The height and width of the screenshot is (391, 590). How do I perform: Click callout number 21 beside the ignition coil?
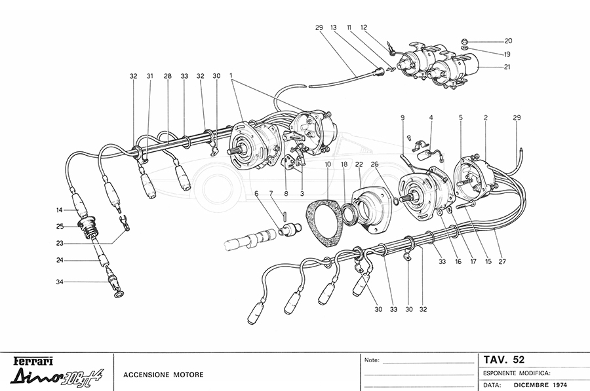(x=508, y=67)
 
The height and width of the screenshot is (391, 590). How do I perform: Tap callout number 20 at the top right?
(x=508, y=41)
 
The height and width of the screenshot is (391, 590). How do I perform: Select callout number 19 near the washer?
(x=508, y=54)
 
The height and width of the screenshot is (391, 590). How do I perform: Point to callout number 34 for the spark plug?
(x=60, y=283)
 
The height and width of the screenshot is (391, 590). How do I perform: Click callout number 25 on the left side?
(x=60, y=227)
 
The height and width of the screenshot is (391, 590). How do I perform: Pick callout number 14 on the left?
(x=60, y=210)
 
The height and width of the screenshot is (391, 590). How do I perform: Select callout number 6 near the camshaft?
(x=257, y=193)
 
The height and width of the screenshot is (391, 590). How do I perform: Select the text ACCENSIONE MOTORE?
(x=163, y=375)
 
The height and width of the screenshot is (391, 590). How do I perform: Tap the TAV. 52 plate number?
(x=504, y=360)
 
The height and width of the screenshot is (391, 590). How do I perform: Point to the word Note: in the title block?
(x=372, y=360)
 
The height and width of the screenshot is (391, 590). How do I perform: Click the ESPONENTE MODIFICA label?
(x=516, y=372)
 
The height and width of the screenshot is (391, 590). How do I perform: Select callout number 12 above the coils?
(x=364, y=28)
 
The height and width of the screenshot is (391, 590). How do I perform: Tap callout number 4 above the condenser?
(x=431, y=118)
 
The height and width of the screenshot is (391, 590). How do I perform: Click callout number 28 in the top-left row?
(x=168, y=77)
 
